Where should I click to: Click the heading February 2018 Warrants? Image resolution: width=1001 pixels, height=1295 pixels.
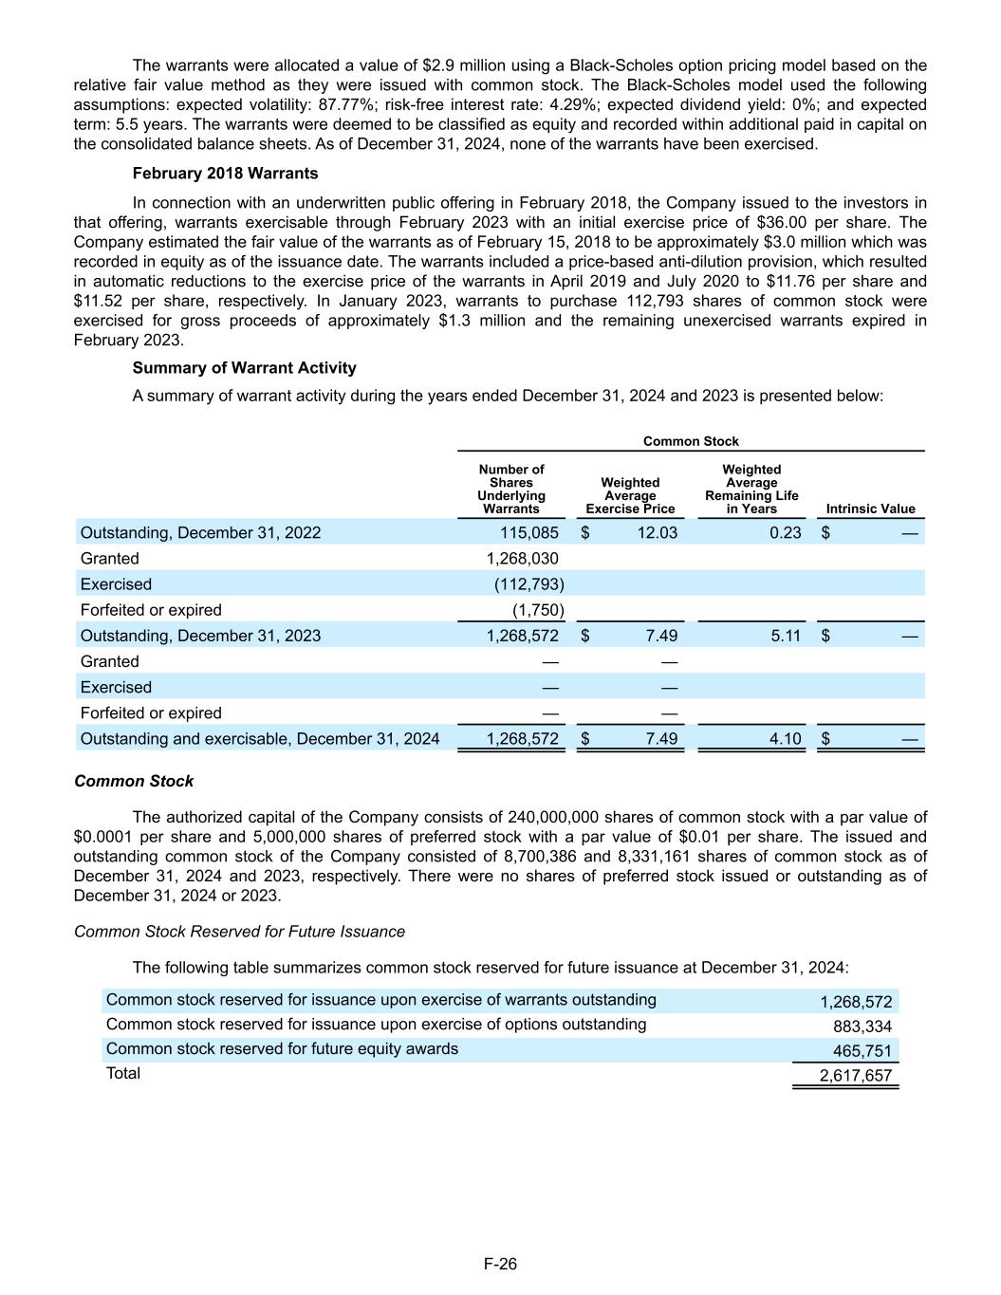pos(225,174)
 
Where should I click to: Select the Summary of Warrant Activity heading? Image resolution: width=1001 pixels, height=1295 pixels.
pos(244,368)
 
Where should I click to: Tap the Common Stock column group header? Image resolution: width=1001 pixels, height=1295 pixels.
pos(691,441)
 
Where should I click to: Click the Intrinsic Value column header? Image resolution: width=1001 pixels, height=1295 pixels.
pos(870,509)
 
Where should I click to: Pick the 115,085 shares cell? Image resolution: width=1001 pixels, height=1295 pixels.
pos(529,532)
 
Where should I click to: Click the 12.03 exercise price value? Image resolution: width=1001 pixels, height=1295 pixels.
pos(658,532)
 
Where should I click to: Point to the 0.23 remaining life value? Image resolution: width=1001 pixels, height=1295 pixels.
pos(786,532)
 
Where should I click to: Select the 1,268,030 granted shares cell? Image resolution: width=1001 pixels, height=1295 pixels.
pos(522,558)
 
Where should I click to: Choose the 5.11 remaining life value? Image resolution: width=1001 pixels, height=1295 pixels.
pos(786,636)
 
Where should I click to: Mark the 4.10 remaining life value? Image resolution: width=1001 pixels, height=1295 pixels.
pos(786,738)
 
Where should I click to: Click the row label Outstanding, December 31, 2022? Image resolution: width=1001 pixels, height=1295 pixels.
pos(200,532)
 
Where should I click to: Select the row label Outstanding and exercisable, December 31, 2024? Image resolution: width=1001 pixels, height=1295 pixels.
pos(260,738)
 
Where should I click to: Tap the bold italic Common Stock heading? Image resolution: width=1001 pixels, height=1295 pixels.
pos(134,781)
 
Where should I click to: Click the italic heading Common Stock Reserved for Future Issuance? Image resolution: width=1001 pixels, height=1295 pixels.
pos(239,932)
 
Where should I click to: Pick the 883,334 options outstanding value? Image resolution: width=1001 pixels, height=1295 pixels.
pos(862,1027)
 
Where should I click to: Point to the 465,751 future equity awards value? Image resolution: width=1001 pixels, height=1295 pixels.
pos(862,1051)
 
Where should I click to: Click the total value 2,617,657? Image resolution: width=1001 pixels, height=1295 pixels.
pos(855,1076)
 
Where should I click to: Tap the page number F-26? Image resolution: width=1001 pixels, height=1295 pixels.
pos(500,1264)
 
